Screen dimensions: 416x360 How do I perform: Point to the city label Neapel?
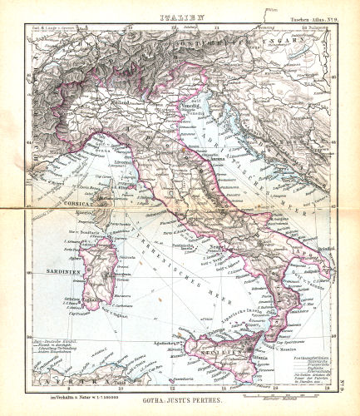point(219,247)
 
